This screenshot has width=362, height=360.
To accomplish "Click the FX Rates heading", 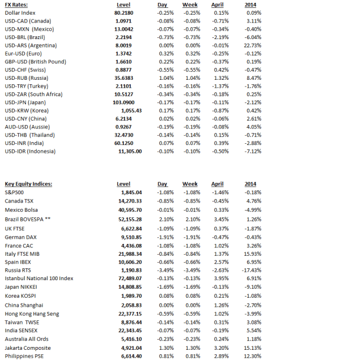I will pos(16,5).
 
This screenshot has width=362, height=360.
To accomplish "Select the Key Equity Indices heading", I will pos(28,184).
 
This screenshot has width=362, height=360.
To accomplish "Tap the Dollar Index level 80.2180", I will pos(124,12).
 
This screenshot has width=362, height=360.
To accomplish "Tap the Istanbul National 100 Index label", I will pos(39,278).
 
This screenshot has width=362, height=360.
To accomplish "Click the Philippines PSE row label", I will pos(25,356).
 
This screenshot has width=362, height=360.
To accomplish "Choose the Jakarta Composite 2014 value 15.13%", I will pos(252,348).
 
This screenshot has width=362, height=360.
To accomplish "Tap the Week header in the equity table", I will pos(190,184).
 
